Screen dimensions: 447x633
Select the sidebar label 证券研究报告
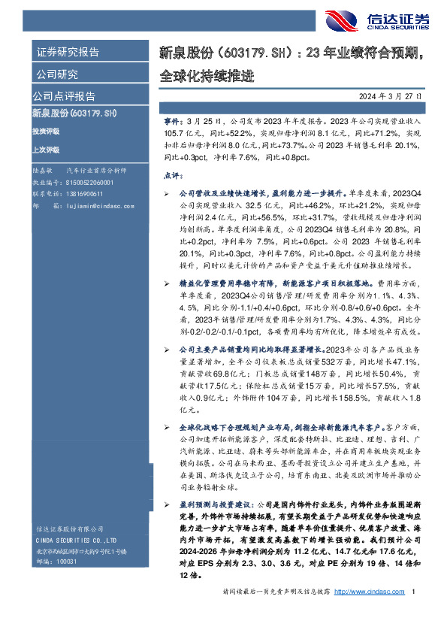(68, 53)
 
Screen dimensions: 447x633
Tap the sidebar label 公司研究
(57, 74)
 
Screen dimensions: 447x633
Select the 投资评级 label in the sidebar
(46, 131)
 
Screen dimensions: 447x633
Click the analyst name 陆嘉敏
(43, 172)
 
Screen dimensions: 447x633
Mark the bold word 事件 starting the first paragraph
(172, 120)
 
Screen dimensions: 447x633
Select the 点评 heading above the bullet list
(172, 175)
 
